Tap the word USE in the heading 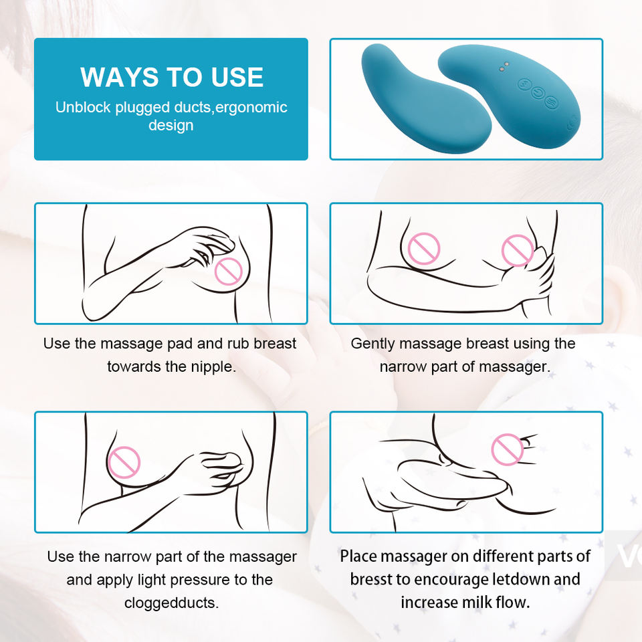pyautogui.click(x=237, y=77)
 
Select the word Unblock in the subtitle pyautogui.click(x=83, y=107)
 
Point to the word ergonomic pyautogui.click(x=251, y=108)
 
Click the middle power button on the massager pyautogui.click(x=538, y=93)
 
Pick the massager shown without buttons pyautogui.click(x=426, y=99)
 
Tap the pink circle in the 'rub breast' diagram pyautogui.click(x=229, y=271)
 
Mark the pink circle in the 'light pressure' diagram pyautogui.click(x=124, y=462)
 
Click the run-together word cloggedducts pyautogui.click(x=172, y=603)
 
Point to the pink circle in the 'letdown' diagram pyautogui.click(x=508, y=449)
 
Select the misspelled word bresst pyautogui.click(x=373, y=579)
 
